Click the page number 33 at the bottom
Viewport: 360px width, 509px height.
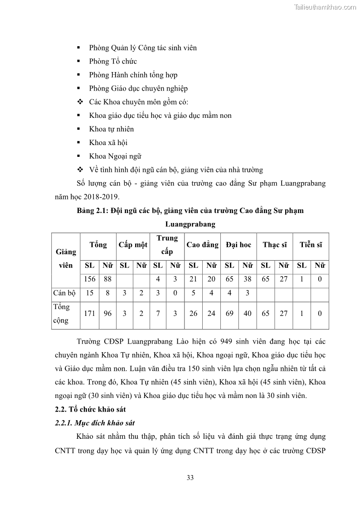click(x=190, y=477)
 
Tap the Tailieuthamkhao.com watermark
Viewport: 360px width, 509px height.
click(x=325, y=7)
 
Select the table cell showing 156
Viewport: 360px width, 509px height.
click(x=89, y=279)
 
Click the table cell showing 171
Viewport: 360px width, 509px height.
click(x=89, y=313)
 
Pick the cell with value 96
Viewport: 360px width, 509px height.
click(x=107, y=313)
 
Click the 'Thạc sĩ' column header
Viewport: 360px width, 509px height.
click(x=275, y=245)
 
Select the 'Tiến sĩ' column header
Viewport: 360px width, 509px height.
click(x=311, y=245)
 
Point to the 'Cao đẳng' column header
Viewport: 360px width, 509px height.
click(x=202, y=245)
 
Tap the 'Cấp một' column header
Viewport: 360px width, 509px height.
click(x=133, y=245)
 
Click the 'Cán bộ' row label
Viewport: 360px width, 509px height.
click(x=64, y=293)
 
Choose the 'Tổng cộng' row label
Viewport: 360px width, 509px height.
click(x=62, y=313)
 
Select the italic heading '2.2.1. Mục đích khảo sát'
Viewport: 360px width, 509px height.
click(x=94, y=423)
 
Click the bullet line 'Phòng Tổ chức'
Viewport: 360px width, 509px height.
click(x=113, y=61)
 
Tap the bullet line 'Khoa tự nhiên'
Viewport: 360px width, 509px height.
click(x=112, y=129)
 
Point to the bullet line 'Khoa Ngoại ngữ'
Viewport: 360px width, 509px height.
click(x=115, y=156)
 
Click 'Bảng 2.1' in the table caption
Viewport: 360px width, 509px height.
click(x=91, y=211)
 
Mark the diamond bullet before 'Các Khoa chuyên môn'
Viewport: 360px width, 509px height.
click(x=80, y=102)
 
